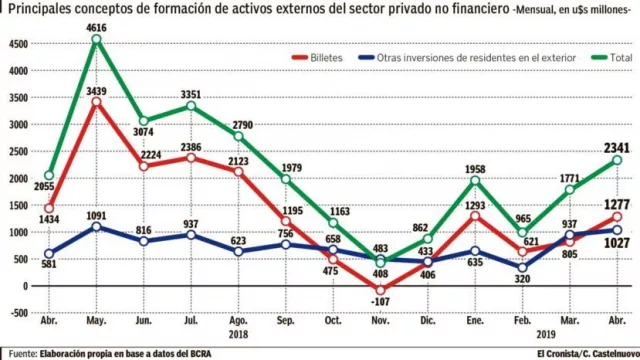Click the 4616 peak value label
[x=95, y=27]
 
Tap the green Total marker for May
[x=96, y=40]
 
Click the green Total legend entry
[x=610, y=58]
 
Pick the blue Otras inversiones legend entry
[x=475, y=58]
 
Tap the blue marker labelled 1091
[x=96, y=227]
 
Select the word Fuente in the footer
[x=25, y=353]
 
